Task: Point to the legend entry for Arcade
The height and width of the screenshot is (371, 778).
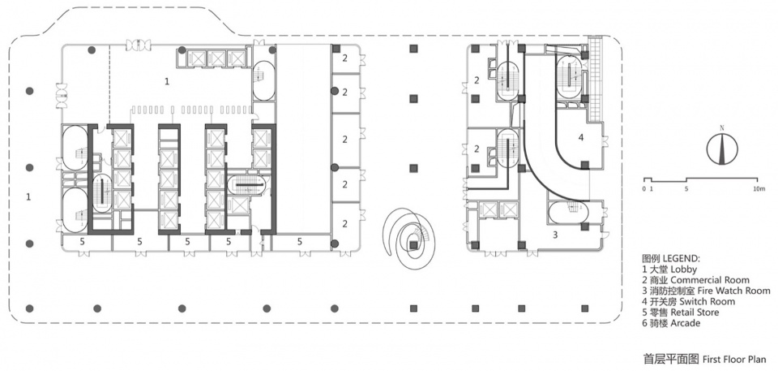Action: (671, 323)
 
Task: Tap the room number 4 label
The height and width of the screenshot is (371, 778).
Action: (581, 138)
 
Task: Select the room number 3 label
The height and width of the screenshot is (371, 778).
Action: (556, 235)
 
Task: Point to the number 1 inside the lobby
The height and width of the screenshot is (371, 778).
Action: (167, 81)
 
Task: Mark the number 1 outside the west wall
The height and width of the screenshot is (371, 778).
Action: (29, 197)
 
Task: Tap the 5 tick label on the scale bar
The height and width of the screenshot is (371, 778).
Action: (686, 189)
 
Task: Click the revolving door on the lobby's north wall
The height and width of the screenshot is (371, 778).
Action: (138, 45)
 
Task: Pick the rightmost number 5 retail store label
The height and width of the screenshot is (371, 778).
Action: (300, 242)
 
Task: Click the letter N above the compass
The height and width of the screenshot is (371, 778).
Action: (722, 128)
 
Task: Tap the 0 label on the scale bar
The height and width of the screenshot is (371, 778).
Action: (643, 189)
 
